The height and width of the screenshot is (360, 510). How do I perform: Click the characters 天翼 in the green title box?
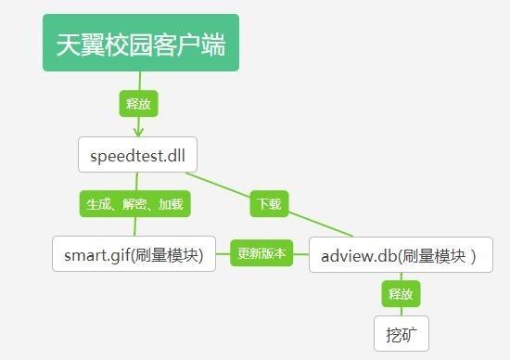(81, 45)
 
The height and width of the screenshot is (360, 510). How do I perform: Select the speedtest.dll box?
(137, 155)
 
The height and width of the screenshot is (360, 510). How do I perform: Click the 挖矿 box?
(402, 333)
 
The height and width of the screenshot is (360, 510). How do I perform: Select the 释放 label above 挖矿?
(402, 294)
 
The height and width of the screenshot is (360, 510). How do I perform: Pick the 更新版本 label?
(262, 252)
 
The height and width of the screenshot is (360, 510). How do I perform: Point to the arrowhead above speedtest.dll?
(137, 131)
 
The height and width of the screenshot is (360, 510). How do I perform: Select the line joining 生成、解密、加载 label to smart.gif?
(134, 226)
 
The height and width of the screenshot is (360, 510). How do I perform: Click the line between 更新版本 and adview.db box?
(301, 253)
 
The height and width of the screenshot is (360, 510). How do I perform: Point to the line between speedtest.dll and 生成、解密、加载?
(136, 182)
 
